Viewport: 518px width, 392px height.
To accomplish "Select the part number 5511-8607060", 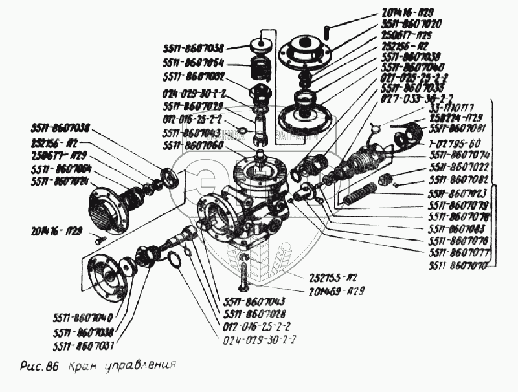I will (x=194, y=146).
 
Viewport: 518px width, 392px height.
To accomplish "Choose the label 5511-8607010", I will (x=456, y=266).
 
